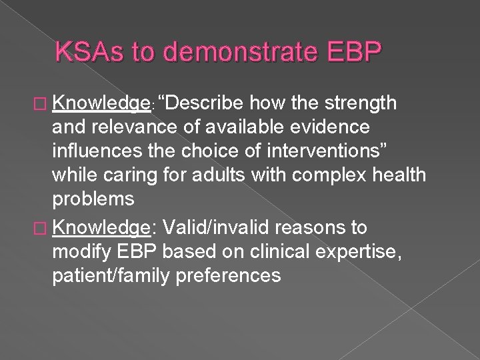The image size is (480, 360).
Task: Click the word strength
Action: pos(361,104)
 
